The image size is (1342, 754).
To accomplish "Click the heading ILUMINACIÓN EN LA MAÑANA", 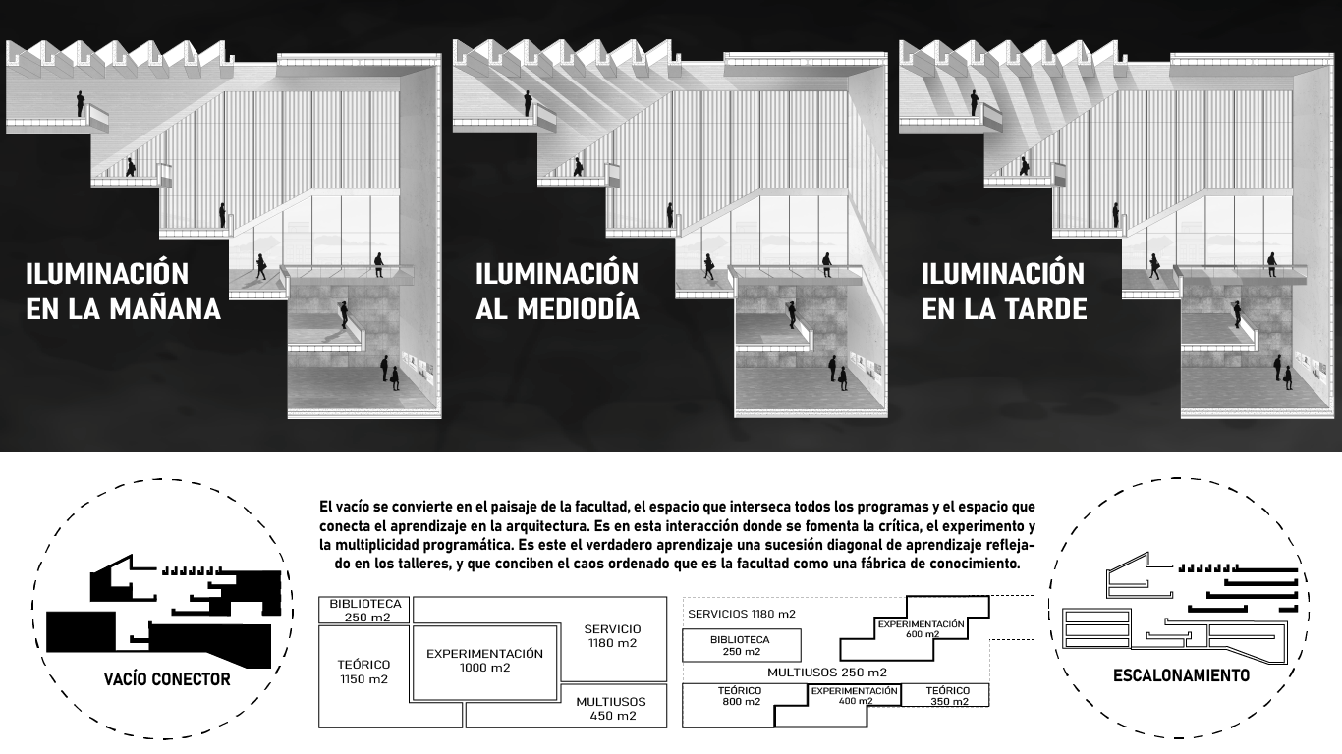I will [123, 291].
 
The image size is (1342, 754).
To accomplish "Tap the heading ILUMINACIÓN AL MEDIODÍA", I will [557, 291].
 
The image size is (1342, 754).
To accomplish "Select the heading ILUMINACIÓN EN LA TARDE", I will [1003, 291].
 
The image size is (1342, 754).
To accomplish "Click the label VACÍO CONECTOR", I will [167, 679].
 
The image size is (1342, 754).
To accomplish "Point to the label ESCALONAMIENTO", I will [1181, 675].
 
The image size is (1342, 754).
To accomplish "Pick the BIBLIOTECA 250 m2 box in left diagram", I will [364, 610].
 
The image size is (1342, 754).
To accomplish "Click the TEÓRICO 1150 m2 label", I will [363, 672].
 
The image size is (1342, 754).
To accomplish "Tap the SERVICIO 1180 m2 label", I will [611, 636].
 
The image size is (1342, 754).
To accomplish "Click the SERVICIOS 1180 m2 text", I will [741, 614].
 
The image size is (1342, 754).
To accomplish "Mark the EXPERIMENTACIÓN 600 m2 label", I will [921, 628].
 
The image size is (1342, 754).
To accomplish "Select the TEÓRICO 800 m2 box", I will [740, 696].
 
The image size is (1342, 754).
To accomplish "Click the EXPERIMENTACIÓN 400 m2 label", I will [854, 695].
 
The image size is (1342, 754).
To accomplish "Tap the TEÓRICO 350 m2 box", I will [947, 696].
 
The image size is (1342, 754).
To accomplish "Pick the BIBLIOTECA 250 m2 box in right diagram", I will [740, 645].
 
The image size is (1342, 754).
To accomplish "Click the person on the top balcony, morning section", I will [81, 103].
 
